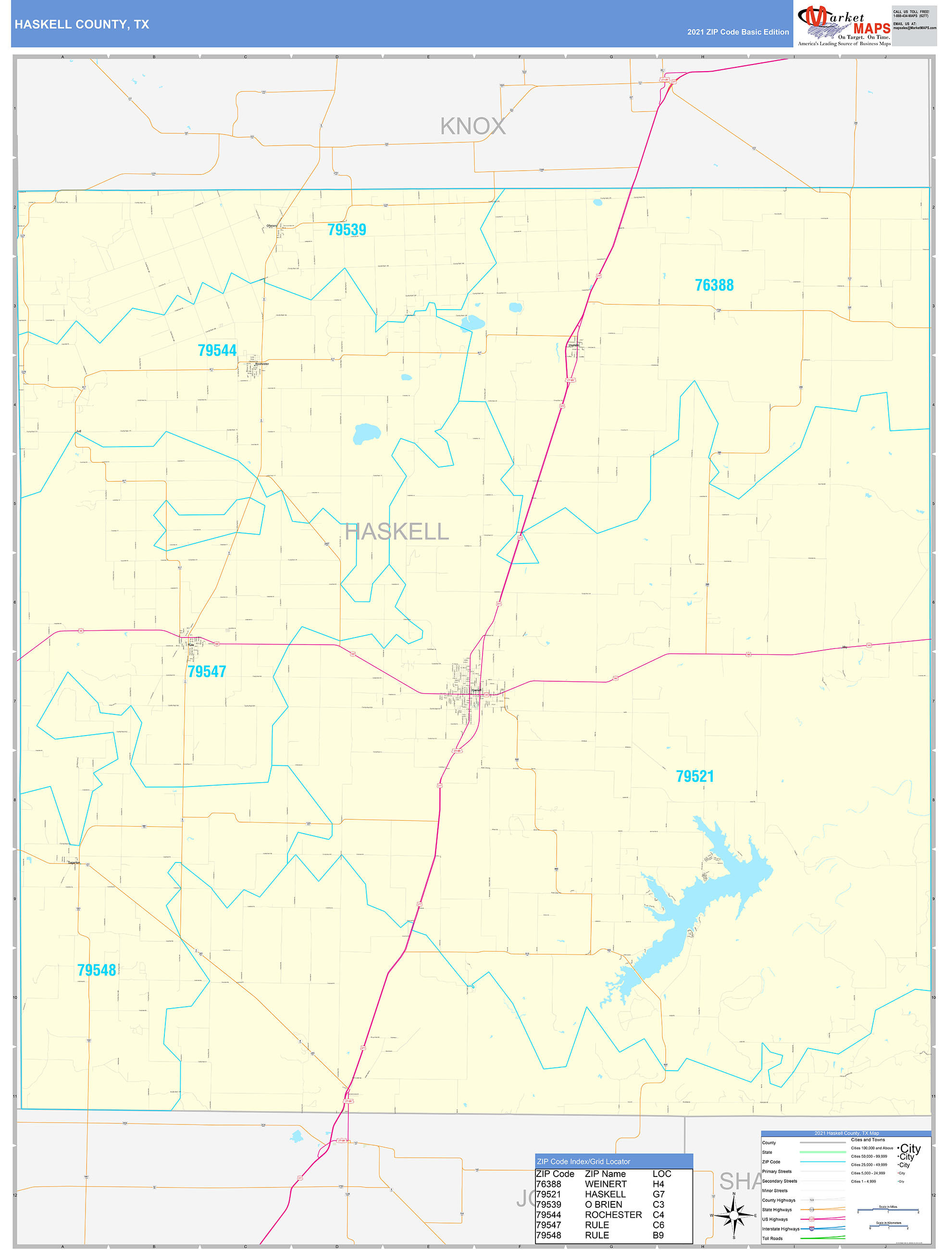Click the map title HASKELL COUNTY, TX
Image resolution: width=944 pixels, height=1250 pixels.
[82, 25]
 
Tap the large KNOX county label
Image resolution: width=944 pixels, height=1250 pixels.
[472, 126]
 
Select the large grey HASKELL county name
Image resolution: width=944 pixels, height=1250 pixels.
[397, 532]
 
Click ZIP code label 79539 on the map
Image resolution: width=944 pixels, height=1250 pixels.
[347, 230]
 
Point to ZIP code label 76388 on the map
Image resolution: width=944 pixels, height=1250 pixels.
[714, 286]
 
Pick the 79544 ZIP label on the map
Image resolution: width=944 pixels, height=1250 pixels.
[217, 351]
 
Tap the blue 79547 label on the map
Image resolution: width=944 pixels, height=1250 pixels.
[207, 671]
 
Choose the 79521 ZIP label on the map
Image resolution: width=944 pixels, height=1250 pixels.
[695, 776]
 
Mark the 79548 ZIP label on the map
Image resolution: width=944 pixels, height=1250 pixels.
[97, 970]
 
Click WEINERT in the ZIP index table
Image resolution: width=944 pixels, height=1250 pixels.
[606, 1184]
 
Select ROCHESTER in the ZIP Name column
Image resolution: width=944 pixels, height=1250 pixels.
[613, 1214]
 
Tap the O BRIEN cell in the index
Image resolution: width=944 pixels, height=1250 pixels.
[603, 1204]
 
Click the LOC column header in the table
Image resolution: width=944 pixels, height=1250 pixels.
[661, 1174]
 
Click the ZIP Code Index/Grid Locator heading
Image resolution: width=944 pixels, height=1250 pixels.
[584, 1161]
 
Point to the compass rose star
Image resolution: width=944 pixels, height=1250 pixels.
[734, 1215]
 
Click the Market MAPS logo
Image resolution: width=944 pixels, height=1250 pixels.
[844, 25]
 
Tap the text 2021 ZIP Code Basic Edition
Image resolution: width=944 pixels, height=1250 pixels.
[738, 32]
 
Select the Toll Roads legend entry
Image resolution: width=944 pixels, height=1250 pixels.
[772, 1238]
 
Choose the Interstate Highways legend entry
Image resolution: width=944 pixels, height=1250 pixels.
[780, 1228]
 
